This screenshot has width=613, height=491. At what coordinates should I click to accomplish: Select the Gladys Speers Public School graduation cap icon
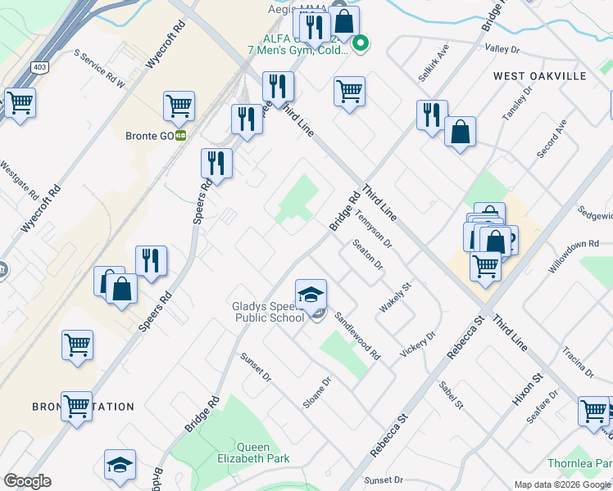click(311, 295)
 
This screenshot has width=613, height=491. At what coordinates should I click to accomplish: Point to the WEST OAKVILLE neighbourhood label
click(540, 75)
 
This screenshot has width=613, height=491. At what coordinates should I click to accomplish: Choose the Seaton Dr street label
click(367, 254)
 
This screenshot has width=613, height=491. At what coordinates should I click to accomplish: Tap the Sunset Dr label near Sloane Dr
click(256, 367)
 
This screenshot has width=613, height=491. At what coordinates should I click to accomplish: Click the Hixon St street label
click(527, 390)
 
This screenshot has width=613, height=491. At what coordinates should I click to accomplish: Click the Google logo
click(27, 481)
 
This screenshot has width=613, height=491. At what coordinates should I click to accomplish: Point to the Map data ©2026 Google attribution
click(561, 484)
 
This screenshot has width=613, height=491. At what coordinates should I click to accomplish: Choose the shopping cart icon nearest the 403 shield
click(20, 103)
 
